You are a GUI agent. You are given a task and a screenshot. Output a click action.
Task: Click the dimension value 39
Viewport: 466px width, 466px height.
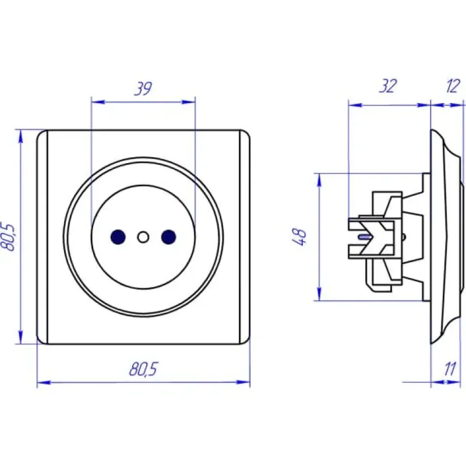pos(143,89)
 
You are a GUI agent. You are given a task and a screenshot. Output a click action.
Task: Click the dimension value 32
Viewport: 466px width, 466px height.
pos(387,86)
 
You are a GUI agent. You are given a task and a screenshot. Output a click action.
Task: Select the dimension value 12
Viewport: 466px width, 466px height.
pos(453,86)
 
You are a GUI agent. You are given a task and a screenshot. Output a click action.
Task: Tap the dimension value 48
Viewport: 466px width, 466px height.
pos(299,237)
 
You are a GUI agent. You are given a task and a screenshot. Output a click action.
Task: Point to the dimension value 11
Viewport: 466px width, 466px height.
pos(450,369)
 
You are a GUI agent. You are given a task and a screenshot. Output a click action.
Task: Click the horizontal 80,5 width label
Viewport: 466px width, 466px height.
pos(143,369)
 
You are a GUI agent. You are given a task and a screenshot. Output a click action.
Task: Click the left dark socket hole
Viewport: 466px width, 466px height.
pos(118,237)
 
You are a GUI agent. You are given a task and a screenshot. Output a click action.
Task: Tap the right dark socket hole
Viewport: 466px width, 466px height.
pos(168,237)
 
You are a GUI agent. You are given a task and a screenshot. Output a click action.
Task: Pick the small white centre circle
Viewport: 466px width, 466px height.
pos(143,237)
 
